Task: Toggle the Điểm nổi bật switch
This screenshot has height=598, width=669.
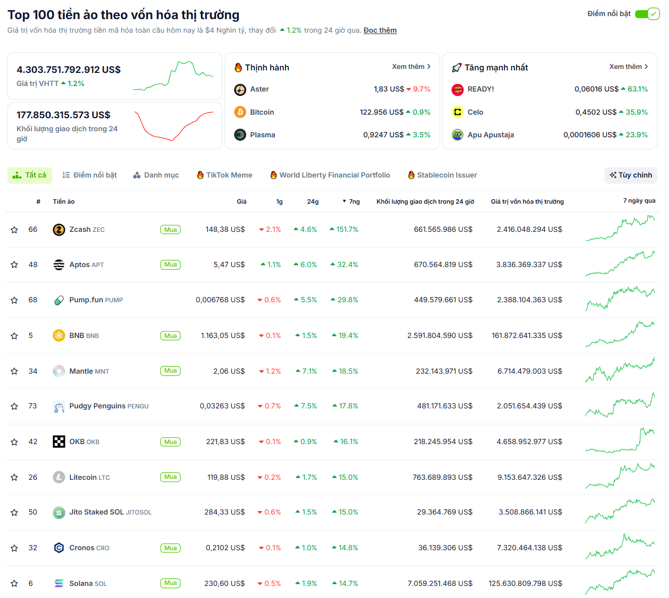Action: (x=647, y=14)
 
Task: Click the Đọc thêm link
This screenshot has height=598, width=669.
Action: (x=380, y=30)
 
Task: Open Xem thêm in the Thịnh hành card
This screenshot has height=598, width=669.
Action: (x=411, y=66)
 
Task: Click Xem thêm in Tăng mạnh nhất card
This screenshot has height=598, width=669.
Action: (x=628, y=66)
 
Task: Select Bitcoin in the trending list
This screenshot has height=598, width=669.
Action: (x=262, y=112)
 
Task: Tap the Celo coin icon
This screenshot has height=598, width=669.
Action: (x=458, y=112)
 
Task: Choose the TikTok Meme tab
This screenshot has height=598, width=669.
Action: (x=225, y=175)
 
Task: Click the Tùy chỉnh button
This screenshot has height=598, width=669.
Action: (x=631, y=175)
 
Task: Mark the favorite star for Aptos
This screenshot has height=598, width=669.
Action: (x=14, y=265)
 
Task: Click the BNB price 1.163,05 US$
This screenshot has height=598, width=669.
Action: (x=222, y=335)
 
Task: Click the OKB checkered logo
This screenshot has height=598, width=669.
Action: (x=59, y=442)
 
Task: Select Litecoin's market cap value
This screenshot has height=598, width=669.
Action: (x=530, y=477)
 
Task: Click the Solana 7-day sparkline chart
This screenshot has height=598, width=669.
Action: (x=620, y=583)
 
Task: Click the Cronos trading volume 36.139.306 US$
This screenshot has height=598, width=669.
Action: (x=445, y=548)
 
